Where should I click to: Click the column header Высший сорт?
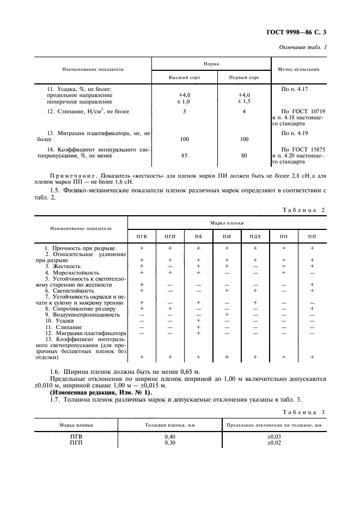click(184, 77)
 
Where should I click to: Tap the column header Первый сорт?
click(243, 77)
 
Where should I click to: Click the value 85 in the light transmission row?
click(184, 156)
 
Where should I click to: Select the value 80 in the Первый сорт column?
click(243, 156)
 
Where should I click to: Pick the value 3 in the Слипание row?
click(184, 112)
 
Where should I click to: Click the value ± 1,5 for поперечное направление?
click(243, 101)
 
